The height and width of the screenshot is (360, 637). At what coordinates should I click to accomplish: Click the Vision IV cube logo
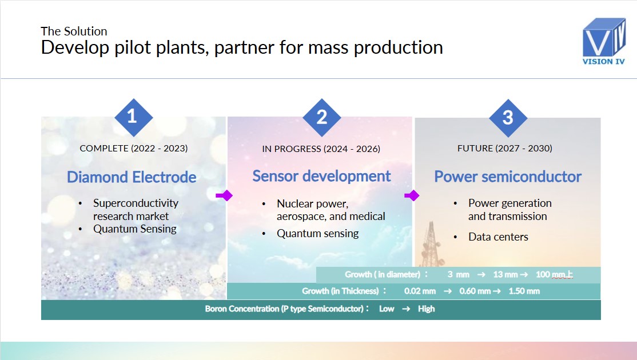pyautogui.click(x=604, y=41)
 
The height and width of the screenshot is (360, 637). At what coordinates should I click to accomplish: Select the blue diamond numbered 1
pyautogui.click(x=134, y=117)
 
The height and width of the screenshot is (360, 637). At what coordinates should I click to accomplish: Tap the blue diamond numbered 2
pyautogui.click(x=322, y=118)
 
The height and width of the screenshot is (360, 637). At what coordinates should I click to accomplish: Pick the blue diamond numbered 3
pyautogui.click(x=508, y=118)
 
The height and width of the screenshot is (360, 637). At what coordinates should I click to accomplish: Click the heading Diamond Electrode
pyautogui.click(x=132, y=177)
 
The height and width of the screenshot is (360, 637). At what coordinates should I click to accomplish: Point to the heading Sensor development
pyautogui.click(x=321, y=176)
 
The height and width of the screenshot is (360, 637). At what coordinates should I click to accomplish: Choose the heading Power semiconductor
pyautogui.click(x=508, y=177)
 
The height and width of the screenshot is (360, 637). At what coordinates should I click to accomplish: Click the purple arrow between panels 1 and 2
pyautogui.click(x=224, y=195)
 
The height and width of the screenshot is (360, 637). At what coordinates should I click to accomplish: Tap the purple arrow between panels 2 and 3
pyautogui.click(x=412, y=195)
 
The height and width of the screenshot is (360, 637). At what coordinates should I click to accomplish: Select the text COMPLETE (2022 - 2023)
pyautogui.click(x=134, y=148)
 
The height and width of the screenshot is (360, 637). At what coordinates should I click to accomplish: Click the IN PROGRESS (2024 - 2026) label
pyautogui.click(x=321, y=149)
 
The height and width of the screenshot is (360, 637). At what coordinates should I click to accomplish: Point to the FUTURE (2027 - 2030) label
pyautogui.click(x=504, y=148)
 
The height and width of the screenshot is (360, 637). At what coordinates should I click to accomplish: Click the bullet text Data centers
pyautogui.click(x=498, y=237)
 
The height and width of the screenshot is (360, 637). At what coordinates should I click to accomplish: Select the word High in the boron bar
pyautogui.click(x=426, y=309)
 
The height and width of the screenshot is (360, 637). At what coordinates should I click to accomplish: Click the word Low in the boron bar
pyautogui.click(x=387, y=309)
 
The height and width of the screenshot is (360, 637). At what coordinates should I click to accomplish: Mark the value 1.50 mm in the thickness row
pyautogui.click(x=524, y=291)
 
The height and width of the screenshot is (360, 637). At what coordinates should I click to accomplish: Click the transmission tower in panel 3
pyautogui.click(x=430, y=243)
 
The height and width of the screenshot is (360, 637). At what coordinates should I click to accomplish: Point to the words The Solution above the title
pyautogui.click(x=74, y=31)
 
